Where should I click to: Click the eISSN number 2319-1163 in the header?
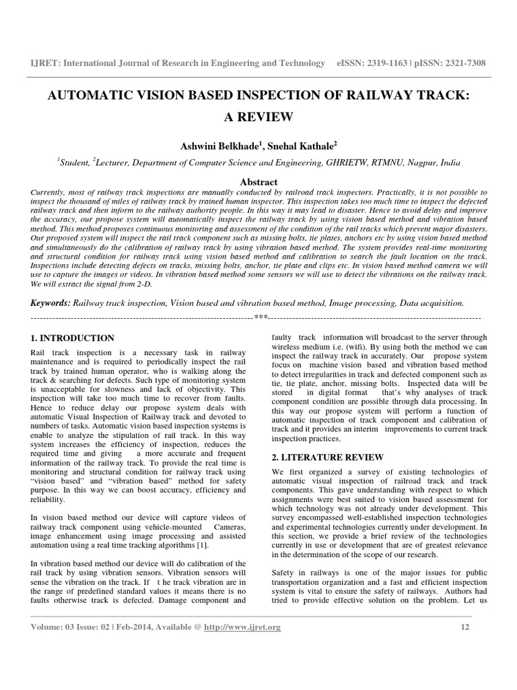tap(389, 63)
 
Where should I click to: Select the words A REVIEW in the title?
tap(258, 117)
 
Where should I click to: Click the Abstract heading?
tap(258, 182)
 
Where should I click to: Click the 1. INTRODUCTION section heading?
tap(73, 338)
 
